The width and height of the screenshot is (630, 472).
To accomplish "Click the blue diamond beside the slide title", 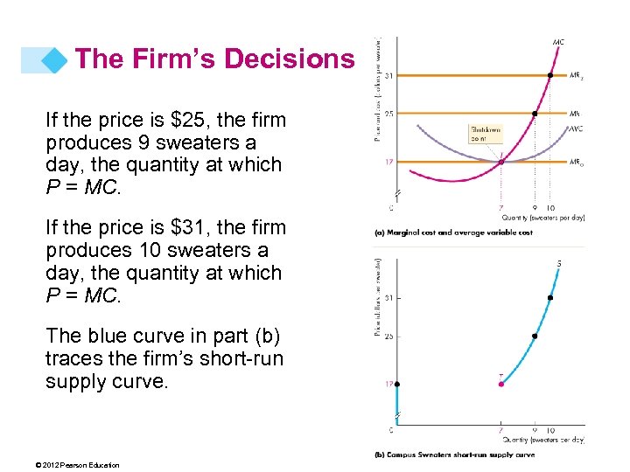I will [x=57, y=59].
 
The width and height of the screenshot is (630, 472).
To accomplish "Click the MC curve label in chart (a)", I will [x=558, y=42].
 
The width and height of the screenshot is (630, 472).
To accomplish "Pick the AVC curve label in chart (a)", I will [x=576, y=128].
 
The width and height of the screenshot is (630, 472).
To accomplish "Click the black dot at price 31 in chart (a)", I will [x=550, y=75].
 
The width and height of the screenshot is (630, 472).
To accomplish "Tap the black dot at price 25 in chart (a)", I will [x=534, y=114].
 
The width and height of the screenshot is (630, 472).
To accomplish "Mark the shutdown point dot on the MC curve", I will [x=500, y=162].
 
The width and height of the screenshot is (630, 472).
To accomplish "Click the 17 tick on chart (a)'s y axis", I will [x=388, y=162].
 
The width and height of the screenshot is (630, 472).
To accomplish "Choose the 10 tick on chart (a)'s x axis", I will [x=550, y=208].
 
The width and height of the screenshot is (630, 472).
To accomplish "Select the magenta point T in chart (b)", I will [x=500, y=384].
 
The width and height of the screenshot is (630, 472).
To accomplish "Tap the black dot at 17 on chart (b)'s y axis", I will [x=396, y=384].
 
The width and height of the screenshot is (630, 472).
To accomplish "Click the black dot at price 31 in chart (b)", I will [x=550, y=298].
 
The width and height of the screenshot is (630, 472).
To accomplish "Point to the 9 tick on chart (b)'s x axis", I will [x=534, y=430].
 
